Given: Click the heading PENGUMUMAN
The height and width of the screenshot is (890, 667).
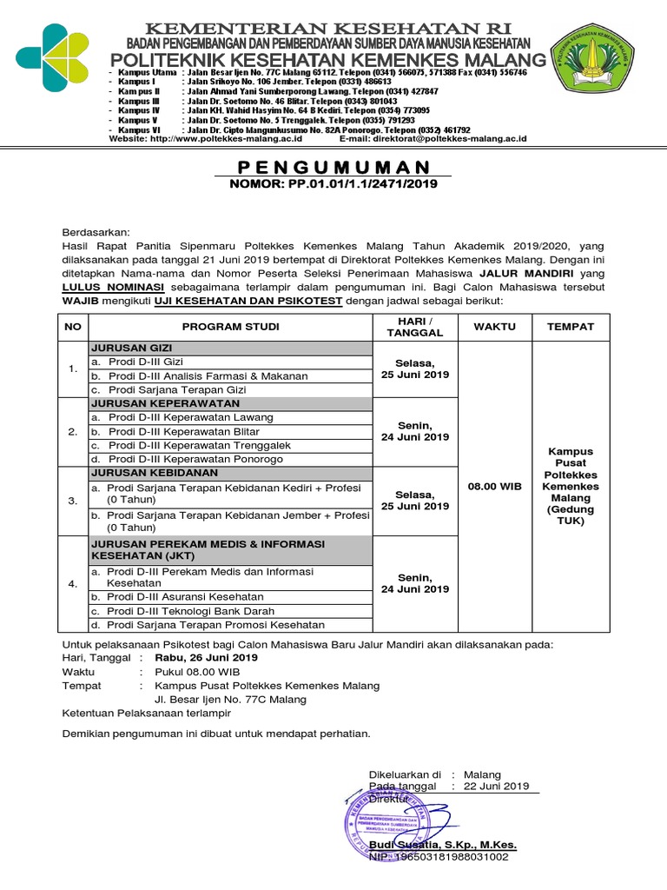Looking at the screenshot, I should coord(334,167).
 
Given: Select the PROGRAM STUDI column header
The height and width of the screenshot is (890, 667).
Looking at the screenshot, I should coord(230,327).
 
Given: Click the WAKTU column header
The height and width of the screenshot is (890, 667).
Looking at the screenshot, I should coord(493,327).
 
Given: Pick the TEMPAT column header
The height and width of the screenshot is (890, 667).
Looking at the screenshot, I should coord(570,327).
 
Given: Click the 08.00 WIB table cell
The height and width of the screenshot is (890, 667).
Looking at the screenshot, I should coord(493,487).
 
